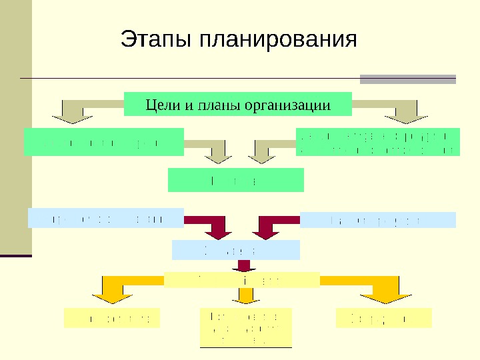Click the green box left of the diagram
tap(104, 142)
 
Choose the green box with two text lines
tap(377, 142)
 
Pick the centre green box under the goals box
tap(235, 180)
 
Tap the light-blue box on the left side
tap(106, 218)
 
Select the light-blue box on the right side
tap(378, 220)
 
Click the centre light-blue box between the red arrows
tap(236, 249)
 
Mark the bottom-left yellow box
tap(112, 318)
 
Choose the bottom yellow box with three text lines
tap(245, 327)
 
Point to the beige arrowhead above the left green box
tap(73, 117)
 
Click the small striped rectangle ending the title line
tap(408, 79)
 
